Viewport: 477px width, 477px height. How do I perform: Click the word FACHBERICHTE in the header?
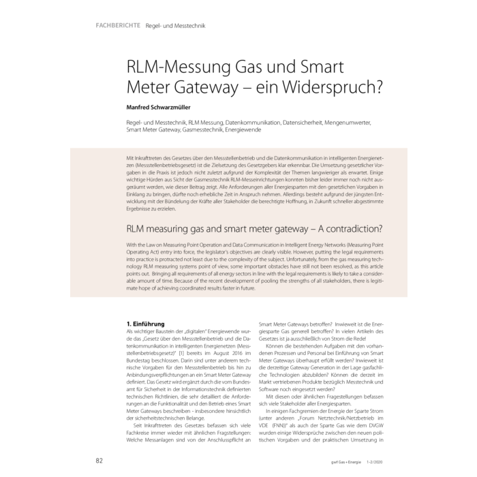[119, 25]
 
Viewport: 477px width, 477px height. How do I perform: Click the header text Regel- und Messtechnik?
[175, 25]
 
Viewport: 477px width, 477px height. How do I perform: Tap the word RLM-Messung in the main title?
[178, 68]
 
